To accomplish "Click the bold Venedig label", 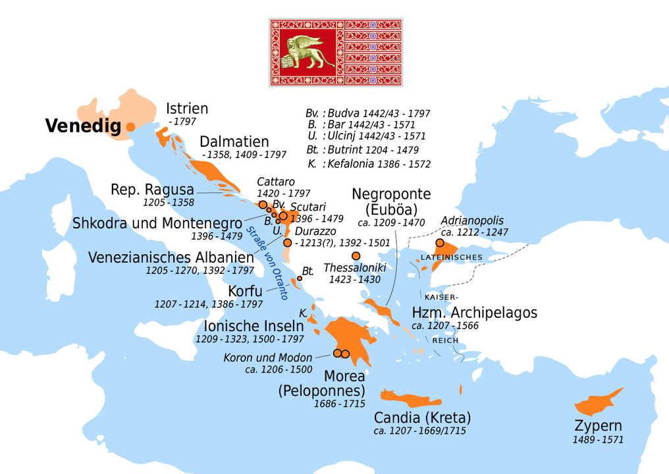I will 83,126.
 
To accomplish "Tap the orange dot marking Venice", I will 130,126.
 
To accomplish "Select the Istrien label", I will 187,109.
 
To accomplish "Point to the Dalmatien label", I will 234,142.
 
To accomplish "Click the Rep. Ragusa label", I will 152,189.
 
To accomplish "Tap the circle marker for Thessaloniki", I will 356,255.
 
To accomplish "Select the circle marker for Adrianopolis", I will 440,243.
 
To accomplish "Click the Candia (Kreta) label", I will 422,417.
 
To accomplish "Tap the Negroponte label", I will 391,194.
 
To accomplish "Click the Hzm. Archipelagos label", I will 474,312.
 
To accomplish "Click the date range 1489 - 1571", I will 598,440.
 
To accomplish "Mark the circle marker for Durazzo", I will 287,243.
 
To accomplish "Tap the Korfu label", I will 245,291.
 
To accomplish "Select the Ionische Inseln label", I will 254,326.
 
